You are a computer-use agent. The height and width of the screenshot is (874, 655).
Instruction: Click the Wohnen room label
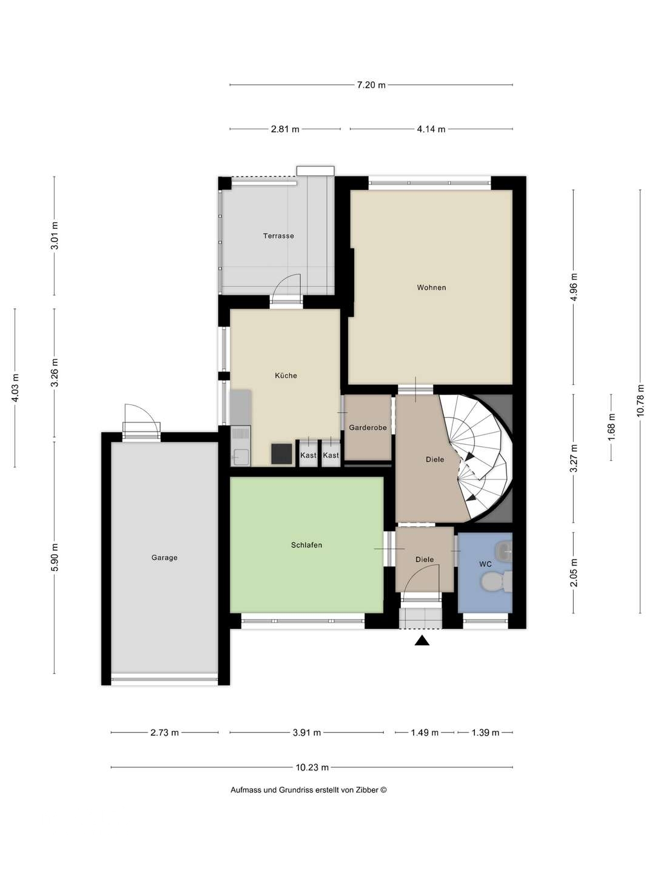click(x=431, y=288)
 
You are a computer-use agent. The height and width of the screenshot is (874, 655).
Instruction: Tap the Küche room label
click(x=286, y=376)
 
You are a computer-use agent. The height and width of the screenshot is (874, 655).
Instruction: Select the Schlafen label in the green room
click(x=306, y=545)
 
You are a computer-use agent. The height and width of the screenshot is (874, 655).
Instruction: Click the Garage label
click(x=164, y=558)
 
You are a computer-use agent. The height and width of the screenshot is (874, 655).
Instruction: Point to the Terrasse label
click(x=278, y=236)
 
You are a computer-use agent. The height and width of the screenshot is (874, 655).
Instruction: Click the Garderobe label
click(x=368, y=428)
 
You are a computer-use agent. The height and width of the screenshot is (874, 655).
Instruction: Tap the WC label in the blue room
click(x=485, y=564)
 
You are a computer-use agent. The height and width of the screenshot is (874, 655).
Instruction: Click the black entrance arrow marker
click(x=422, y=640)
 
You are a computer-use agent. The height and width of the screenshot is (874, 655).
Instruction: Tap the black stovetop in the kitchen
click(x=281, y=453)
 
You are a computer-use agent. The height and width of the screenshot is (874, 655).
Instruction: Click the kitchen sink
click(x=241, y=456)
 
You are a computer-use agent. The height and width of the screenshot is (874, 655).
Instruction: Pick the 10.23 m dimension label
click(x=312, y=768)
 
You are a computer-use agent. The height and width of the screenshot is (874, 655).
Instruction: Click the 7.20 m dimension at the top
click(x=371, y=85)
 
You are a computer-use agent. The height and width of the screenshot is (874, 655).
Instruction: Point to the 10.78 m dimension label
click(x=640, y=401)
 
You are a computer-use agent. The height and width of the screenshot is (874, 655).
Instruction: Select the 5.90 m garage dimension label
click(x=55, y=557)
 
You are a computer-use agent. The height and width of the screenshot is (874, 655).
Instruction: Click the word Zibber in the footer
click(x=366, y=790)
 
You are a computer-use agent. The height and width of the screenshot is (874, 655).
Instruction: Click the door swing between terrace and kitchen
click(x=286, y=288)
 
